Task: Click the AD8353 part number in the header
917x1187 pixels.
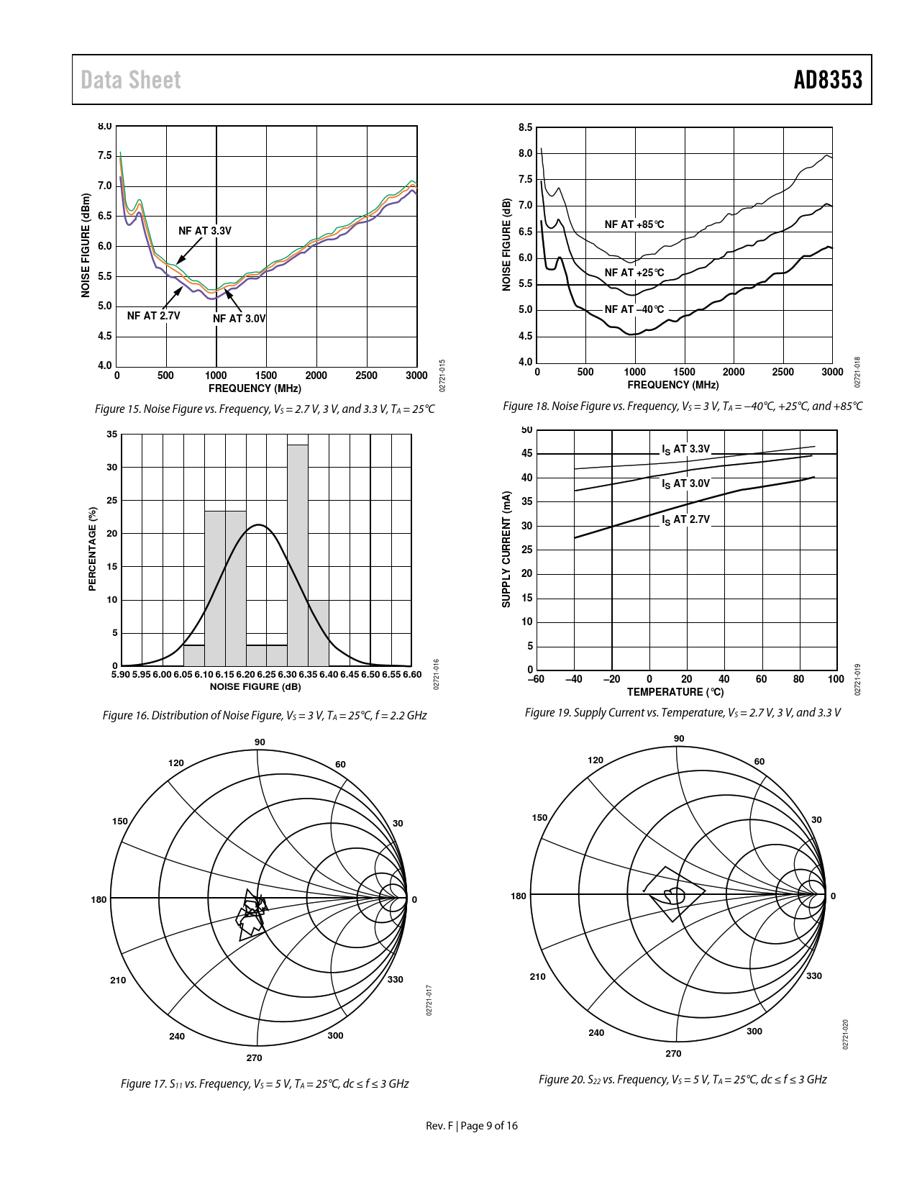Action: (x=827, y=80)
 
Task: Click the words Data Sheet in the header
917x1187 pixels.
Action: (x=130, y=80)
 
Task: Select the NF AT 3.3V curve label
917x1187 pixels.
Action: (x=205, y=231)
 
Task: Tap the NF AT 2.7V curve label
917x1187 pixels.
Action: (x=153, y=316)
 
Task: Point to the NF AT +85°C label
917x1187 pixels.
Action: (x=634, y=225)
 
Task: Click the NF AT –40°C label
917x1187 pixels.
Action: (x=634, y=309)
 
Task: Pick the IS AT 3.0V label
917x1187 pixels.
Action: (x=685, y=483)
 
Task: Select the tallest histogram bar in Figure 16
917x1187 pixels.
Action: (x=298, y=554)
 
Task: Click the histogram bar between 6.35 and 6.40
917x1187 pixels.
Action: (x=319, y=632)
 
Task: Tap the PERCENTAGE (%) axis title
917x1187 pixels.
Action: (x=92, y=549)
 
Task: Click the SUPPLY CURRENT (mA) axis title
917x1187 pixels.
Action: (x=506, y=549)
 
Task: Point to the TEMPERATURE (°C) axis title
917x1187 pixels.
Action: (x=675, y=692)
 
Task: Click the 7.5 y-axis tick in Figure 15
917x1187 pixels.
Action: (x=104, y=156)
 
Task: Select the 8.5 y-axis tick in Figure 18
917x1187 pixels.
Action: (x=525, y=128)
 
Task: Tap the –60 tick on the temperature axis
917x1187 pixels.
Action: (x=536, y=679)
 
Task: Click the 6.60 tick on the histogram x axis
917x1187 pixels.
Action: (x=412, y=675)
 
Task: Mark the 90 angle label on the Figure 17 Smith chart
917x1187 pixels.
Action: (x=260, y=742)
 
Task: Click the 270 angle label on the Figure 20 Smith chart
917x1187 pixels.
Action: (x=673, y=1054)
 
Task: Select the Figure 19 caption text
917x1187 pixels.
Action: (x=682, y=713)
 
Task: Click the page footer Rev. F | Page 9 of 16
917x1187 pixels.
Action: (x=472, y=1126)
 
